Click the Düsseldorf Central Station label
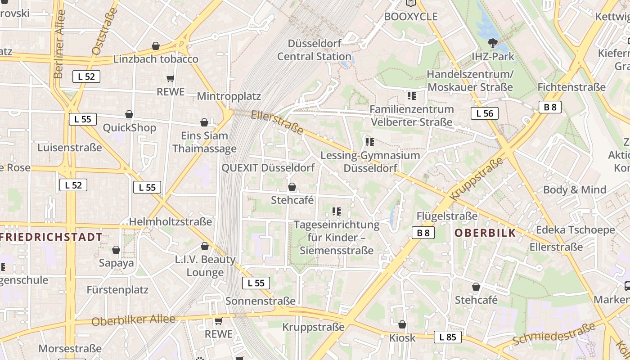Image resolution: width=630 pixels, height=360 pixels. tap(314, 50)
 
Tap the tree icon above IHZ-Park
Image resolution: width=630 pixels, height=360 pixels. tap(493, 43)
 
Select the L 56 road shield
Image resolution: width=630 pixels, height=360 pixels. tap(485, 113)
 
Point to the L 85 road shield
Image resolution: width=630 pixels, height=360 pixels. tap(448, 337)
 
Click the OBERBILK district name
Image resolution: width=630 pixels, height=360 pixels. tap(485, 233)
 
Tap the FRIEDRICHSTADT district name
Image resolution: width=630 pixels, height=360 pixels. tap(51, 237)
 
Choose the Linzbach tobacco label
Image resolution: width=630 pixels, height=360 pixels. tap(156, 59)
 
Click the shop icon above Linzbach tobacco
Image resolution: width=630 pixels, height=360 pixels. tap(156, 46)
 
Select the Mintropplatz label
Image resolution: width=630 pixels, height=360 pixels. tap(229, 96)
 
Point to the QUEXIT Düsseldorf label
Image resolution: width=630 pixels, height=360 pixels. tap(268, 168)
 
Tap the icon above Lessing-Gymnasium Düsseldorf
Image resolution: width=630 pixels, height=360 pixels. tap(370, 142)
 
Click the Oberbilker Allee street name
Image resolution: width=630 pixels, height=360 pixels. tap(133, 320)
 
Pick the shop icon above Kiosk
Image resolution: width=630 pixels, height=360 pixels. tap(402, 324)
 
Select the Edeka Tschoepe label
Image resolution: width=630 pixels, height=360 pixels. tap(575, 230)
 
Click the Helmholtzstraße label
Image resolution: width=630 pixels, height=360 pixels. tap(171, 221)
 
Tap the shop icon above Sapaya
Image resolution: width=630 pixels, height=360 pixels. tap(116, 250)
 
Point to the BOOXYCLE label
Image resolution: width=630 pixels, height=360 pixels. tap(411, 17)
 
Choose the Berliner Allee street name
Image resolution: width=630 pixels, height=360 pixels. tap(60, 44)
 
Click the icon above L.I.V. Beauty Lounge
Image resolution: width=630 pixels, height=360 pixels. tap(205, 246)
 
